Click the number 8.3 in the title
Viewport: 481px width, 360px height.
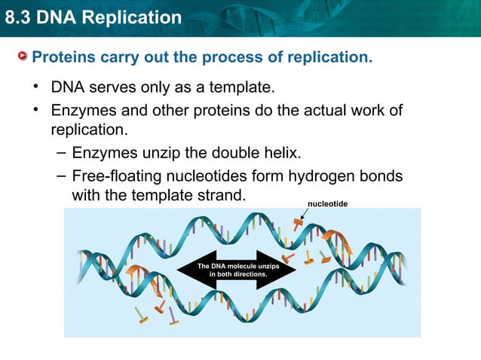[x=19, y=17]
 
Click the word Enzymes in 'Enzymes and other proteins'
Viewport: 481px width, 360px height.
[x=82, y=111]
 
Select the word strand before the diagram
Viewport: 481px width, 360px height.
[x=225, y=195]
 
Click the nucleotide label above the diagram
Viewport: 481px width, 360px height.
[x=327, y=204]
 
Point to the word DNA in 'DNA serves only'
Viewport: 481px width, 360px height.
[x=66, y=87]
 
